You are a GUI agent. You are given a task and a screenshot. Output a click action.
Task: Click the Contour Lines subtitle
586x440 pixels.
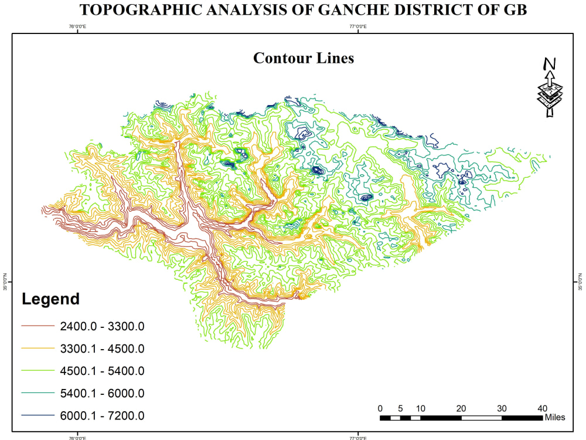coord(304,58)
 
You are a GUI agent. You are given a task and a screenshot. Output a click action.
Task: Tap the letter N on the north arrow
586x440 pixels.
coord(549,64)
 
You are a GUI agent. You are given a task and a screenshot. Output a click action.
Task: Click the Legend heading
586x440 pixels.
coord(50,299)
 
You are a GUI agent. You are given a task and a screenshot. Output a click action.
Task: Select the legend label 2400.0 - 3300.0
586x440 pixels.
coord(102,326)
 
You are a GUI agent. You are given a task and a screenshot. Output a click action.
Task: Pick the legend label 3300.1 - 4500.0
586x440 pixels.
coord(102,349)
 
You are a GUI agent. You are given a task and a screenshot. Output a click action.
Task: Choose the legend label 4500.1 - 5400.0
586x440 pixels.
coord(102,371)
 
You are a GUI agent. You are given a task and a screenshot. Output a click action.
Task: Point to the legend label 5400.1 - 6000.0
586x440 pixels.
coord(102,394)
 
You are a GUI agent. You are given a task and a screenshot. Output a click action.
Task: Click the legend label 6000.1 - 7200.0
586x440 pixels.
coord(102,416)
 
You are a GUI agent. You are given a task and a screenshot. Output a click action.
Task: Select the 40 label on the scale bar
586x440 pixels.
coord(542,408)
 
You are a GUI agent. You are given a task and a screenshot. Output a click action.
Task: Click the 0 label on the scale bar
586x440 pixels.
coord(380,408)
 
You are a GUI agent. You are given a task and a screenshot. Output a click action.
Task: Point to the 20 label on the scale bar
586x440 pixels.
coord(461,408)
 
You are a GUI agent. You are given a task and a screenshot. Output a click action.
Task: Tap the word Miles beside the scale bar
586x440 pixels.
coord(554,418)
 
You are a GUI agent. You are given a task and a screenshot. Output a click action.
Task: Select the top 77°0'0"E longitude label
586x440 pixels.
coord(358,26)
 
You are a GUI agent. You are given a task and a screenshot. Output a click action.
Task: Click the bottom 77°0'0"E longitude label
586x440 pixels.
coord(358,437)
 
